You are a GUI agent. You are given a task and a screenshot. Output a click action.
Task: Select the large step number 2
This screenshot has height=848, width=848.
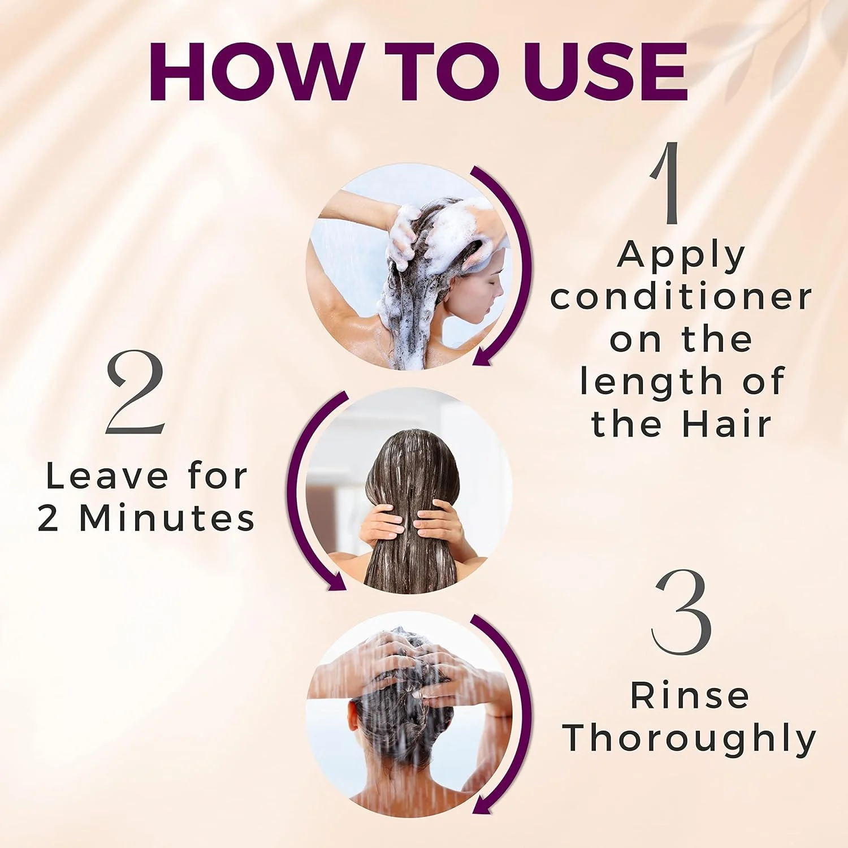coord(135,392)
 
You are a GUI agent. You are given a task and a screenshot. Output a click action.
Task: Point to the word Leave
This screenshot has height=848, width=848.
coord(106,477)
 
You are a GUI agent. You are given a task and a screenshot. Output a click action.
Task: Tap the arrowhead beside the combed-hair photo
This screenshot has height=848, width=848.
coord(336,582)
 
